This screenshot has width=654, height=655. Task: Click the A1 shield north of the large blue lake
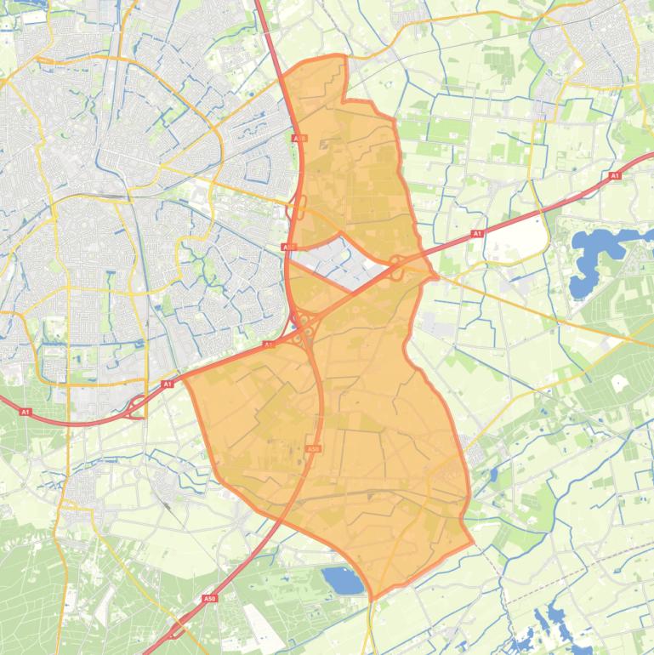615,176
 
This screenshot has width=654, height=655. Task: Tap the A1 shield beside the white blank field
477,233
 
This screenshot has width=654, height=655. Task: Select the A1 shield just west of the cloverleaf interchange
269,345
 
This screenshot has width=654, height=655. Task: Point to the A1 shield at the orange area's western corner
168,384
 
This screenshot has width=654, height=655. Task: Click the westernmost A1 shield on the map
25,412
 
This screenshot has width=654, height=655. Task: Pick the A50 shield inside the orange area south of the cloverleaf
313,448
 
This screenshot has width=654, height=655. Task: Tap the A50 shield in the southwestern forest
210,599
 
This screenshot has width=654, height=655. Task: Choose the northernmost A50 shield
299,137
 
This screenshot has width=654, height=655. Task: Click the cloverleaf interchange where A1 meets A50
304,327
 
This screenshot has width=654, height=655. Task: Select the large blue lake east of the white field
595,255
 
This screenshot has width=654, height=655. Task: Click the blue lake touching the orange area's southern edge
342,581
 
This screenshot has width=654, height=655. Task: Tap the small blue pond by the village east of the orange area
494,473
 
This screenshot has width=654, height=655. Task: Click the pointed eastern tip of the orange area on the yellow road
436,276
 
